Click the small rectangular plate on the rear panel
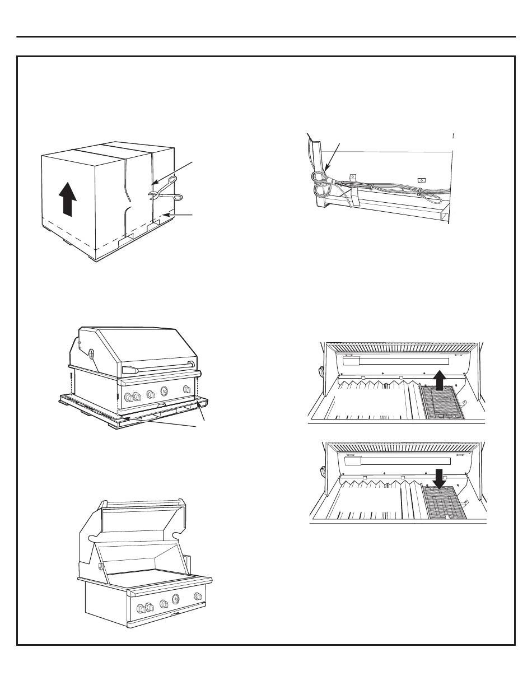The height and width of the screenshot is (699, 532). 422,180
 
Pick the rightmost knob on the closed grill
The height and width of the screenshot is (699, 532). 186,390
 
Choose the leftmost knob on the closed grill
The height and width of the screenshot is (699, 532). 129,399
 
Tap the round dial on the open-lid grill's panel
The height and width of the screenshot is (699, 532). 176,599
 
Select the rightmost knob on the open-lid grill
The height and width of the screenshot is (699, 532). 198,595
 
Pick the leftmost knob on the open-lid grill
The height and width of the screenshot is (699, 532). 138,608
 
